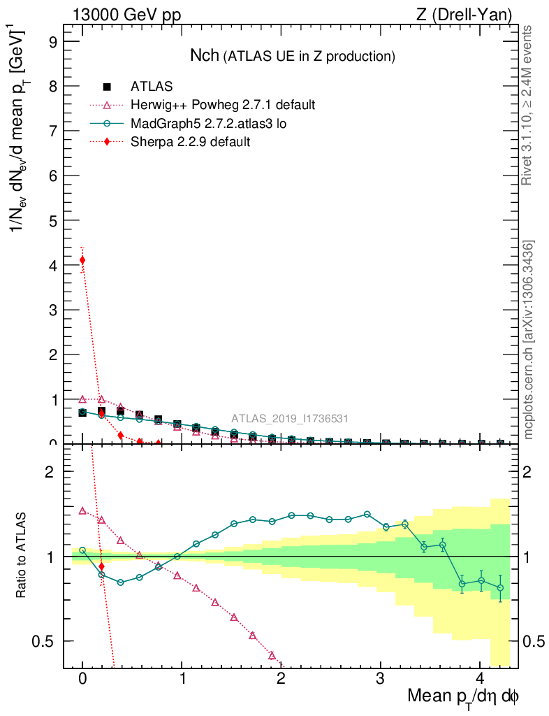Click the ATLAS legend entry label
tap(152, 87)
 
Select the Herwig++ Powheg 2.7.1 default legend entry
tap(223, 105)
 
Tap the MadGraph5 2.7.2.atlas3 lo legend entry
tap(209, 124)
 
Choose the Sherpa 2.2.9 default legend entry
tap(190, 142)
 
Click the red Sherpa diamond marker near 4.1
tap(82, 260)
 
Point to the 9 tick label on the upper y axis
tap(53, 41)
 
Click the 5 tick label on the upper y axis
tap(53, 220)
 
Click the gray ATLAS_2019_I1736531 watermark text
tap(290, 418)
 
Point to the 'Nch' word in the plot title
tap(205, 55)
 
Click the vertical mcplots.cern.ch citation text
tap(529, 339)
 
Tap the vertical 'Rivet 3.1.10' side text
tap(529, 105)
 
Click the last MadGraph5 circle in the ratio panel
tap(500, 588)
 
